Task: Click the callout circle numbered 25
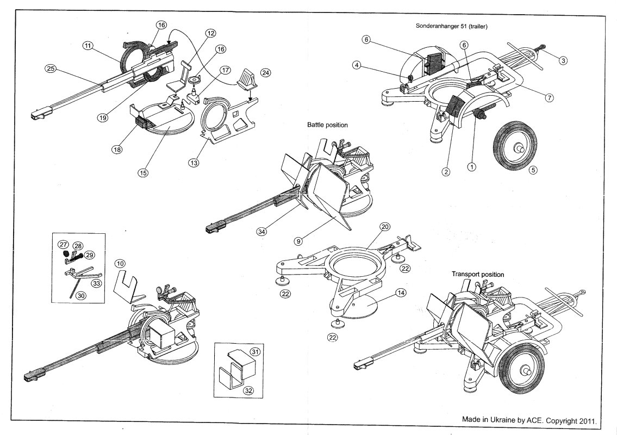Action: [51, 69]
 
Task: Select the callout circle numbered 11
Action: [87, 46]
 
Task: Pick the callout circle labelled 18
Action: [117, 150]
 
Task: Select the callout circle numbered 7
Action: [549, 97]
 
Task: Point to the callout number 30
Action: [81, 295]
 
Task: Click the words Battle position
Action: [327, 125]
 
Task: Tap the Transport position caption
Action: [478, 275]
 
